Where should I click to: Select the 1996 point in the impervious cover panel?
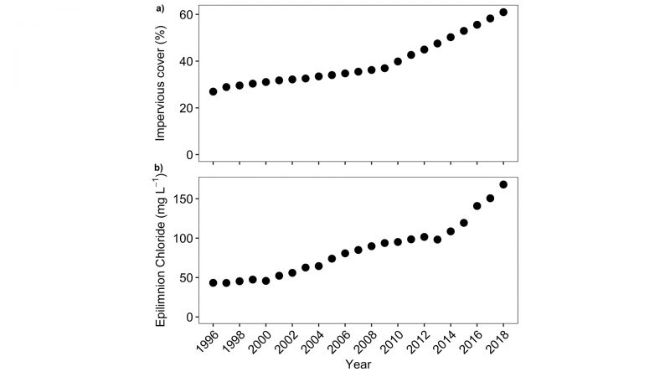click(213, 91)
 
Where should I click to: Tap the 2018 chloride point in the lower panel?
click(503, 184)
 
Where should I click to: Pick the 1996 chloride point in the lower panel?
click(213, 283)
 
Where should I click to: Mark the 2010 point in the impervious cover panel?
click(398, 61)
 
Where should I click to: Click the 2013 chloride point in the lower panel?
click(437, 240)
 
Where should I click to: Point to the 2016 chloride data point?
click(477, 205)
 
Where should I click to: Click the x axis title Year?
click(358, 365)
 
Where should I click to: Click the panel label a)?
click(158, 9)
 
